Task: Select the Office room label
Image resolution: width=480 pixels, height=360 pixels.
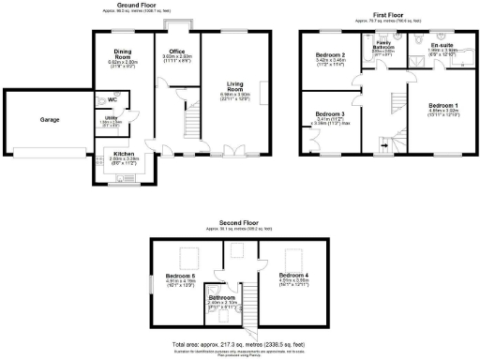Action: click(x=174, y=51)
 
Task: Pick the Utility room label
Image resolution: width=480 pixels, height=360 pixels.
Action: click(x=111, y=118)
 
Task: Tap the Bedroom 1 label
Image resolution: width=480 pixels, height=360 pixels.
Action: click(x=442, y=104)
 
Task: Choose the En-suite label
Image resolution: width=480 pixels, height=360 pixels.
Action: click(x=442, y=45)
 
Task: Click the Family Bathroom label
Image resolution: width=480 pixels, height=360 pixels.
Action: click(x=384, y=45)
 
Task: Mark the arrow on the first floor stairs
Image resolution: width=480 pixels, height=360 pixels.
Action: click(x=382, y=145)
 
